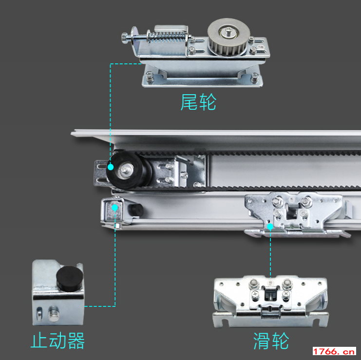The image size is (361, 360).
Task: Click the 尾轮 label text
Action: point(198,102)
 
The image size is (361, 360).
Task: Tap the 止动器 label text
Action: point(57,340)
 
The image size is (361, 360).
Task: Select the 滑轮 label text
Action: point(271,341)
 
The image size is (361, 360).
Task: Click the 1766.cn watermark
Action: point(334,352)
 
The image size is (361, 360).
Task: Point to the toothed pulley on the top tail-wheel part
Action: point(228,37)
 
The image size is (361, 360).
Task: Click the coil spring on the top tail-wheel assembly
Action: point(166,37)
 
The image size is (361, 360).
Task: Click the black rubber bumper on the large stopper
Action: point(70,278)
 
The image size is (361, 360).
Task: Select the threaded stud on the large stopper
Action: point(54,314)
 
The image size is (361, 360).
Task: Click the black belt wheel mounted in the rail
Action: point(127,170)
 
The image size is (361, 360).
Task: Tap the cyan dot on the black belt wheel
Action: point(111,167)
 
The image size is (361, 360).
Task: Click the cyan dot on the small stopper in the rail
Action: point(114,208)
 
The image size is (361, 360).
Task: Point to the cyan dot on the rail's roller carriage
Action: point(270,227)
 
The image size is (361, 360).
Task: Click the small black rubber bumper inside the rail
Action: point(136,210)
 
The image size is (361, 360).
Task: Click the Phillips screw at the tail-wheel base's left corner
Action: point(150,77)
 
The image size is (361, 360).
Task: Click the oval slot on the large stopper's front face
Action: point(39,314)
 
